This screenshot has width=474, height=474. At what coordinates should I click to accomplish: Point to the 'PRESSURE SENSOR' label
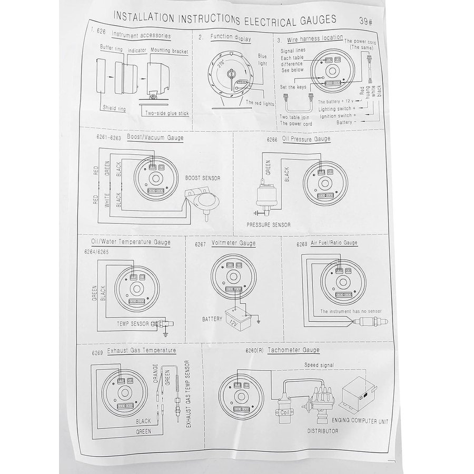(x=269, y=224)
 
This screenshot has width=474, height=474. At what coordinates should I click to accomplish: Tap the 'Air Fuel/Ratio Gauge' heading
(x=335, y=243)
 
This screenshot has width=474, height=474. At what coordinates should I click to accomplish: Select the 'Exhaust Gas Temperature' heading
(x=141, y=350)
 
